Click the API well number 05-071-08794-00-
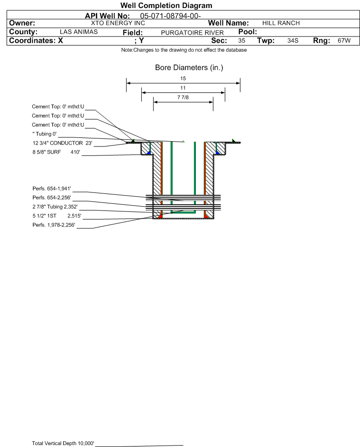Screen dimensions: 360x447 click(170, 16)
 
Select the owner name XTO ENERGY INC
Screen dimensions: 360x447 click(118, 23)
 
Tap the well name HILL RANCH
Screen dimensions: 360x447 click(281, 23)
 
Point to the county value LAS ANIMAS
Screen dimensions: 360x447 click(79, 32)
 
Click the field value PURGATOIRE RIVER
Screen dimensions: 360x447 click(192, 33)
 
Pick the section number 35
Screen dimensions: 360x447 click(241, 40)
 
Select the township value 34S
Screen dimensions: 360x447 click(293, 40)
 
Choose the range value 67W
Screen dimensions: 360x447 click(344, 40)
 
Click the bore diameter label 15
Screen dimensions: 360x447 click(183, 78)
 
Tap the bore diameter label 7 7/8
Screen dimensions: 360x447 click(183, 98)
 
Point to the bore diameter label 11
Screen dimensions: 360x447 click(183, 88)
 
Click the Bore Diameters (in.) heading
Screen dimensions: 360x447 click(189, 68)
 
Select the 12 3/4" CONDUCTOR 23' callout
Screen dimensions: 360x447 click(63, 143)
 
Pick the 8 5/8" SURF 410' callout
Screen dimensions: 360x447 click(56, 152)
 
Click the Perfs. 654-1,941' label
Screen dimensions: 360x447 click(52, 189)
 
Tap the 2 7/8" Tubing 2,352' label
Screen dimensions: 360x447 click(55, 207)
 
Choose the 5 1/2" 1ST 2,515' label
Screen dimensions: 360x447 click(57, 216)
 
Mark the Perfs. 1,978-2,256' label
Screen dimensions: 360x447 click(54, 225)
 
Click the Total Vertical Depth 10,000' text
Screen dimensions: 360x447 click(63, 443)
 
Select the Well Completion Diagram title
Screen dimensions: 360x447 click(166, 5)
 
